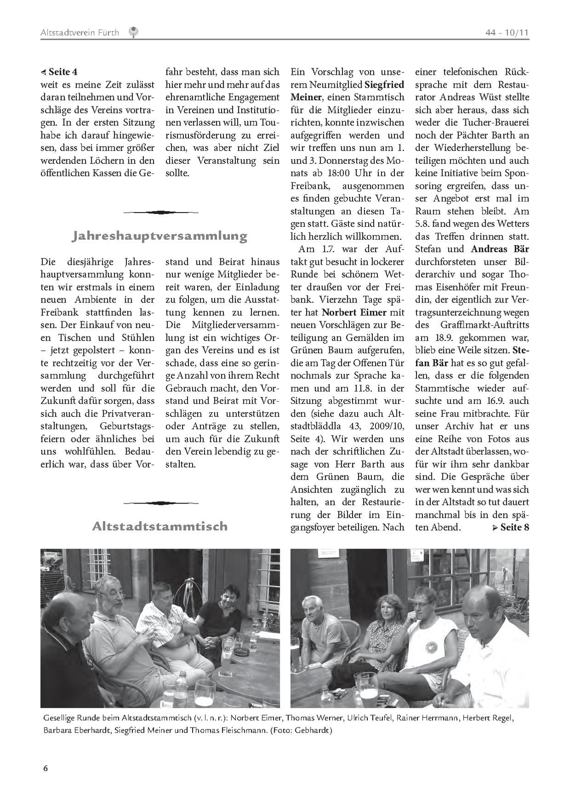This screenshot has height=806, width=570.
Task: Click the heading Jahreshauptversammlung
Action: pos(159,236)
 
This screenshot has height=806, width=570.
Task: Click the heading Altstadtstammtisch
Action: pos(159,526)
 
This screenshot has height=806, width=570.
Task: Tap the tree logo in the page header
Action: pos(134,32)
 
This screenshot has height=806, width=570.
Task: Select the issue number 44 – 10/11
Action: pos(506,33)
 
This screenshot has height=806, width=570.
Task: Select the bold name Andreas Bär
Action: pos(500,249)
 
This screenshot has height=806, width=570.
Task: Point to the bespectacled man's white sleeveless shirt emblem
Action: pos(432,648)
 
